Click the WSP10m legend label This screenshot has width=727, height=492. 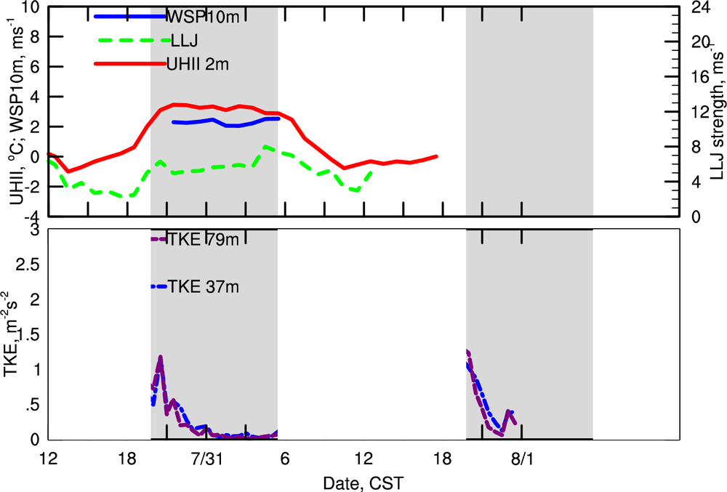coord(198,17)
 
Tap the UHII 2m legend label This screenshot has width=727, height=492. coord(198,65)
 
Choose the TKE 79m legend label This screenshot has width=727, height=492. coord(203,240)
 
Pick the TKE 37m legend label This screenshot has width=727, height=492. coord(203,287)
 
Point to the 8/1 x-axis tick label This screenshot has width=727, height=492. coord(522,460)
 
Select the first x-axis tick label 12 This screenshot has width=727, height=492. coord(49,460)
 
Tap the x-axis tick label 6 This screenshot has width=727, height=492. coord(285,460)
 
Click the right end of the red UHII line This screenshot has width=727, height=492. coord(436,156)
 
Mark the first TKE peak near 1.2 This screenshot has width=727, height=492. coord(160,357)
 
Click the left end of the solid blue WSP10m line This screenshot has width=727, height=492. coord(173,122)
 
